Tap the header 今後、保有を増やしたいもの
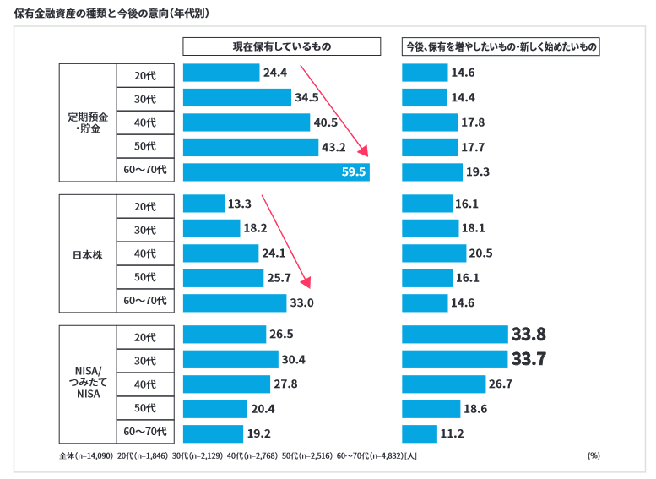click(x=501, y=47)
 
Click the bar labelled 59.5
click(x=276, y=172)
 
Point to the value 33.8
click(x=529, y=335)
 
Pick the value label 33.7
click(x=529, y=360)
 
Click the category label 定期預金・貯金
click(x=88, y=122)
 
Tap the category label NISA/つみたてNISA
click(x=88, y=384)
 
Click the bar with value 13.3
click(x=203, y=204)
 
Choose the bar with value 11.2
click(x=420, y=434)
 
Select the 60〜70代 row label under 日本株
click(x=145, y=301)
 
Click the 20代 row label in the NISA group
click(x=145, y=337)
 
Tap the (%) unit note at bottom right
click(x=594, y=455)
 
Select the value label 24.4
click(x=275, y=73)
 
